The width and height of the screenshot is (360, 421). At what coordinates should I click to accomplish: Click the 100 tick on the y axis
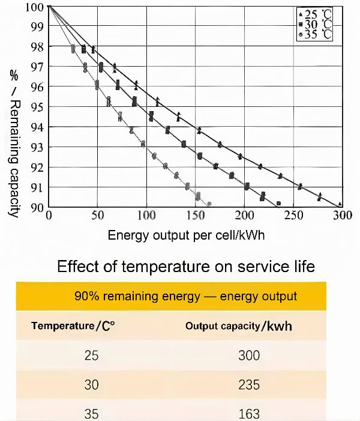(34, 7)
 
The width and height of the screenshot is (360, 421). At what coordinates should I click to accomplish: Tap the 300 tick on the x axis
(341, 216)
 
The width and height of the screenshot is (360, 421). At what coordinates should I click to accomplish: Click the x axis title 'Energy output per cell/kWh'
(186, 235)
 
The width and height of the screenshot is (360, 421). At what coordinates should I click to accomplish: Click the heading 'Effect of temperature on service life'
(185, 267)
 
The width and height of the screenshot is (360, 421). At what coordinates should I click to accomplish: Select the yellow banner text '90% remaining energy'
(185, 296)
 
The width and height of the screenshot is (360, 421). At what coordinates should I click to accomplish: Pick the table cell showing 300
(248, 356)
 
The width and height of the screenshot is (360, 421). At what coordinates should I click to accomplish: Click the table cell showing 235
(248, 384)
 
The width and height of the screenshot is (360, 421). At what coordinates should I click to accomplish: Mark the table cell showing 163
(248, 413)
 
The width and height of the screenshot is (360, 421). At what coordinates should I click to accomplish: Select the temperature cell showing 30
(91, 384)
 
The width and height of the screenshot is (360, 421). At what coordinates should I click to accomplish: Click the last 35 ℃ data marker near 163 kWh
(209, 204)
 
